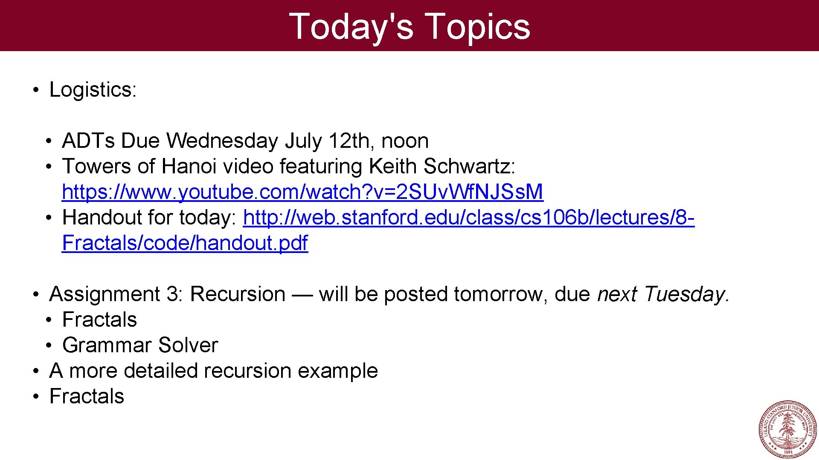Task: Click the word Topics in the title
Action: click(478, 27)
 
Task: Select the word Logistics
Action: click(92, 90)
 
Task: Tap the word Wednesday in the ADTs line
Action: click(222, 141)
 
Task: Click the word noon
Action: click(405, 141)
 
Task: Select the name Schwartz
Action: click(469, 167)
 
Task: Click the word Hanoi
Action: click(189, 167)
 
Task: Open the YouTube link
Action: click(302, 192)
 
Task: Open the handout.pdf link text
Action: click(185, 243)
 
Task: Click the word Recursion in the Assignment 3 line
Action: click(238, 294)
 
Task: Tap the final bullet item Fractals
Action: click(87, 397)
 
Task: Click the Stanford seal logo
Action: click(788, 429)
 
